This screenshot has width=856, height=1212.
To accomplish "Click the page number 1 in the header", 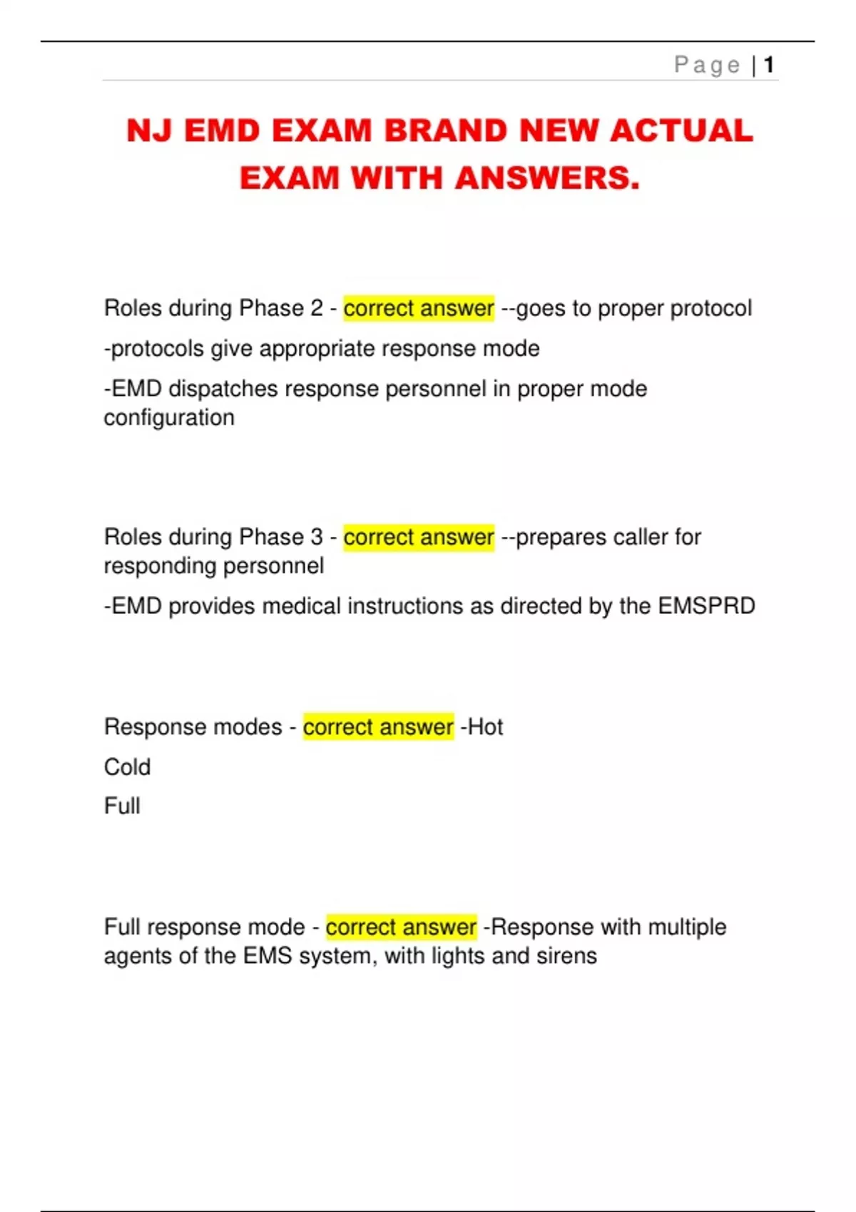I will point(768,65).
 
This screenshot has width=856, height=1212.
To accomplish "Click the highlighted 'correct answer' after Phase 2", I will point(419,308).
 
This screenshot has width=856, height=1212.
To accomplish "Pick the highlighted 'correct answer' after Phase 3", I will point(419,537).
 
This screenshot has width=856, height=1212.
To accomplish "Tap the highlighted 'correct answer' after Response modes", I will point(378,727).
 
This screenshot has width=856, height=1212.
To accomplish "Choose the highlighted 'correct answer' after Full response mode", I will point(401,927).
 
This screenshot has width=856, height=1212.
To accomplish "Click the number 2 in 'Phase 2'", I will point(317,308).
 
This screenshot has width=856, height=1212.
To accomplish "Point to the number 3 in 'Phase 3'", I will point(317,537).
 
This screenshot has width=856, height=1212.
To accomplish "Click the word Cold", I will point(127,767).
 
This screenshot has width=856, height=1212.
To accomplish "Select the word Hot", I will point(485,727).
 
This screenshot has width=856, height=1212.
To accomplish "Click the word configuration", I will point(169,418).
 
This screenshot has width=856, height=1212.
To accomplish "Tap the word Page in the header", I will point(707,65).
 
